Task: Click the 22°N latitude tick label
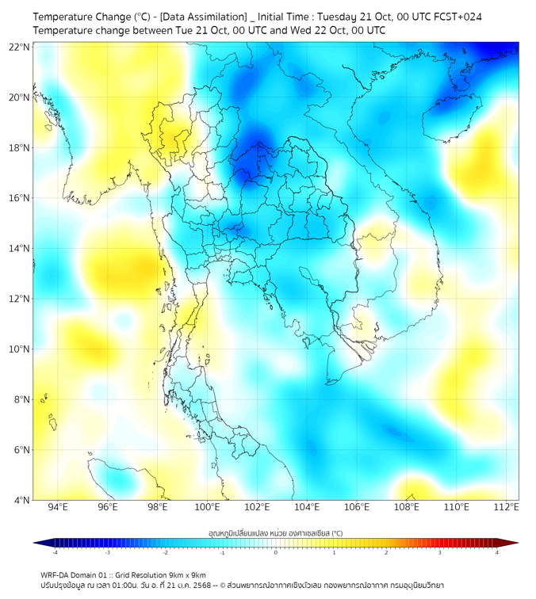[20, 48]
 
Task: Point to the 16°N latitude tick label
[20, 198]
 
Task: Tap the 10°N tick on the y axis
[20, 349]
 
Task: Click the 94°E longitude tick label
[58, 508]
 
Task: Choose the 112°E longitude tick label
[506, 508]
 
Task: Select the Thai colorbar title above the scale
[275, 533]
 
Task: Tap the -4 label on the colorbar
[54, 552]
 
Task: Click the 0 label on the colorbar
[276, 552]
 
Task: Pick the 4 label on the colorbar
[496, 552]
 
